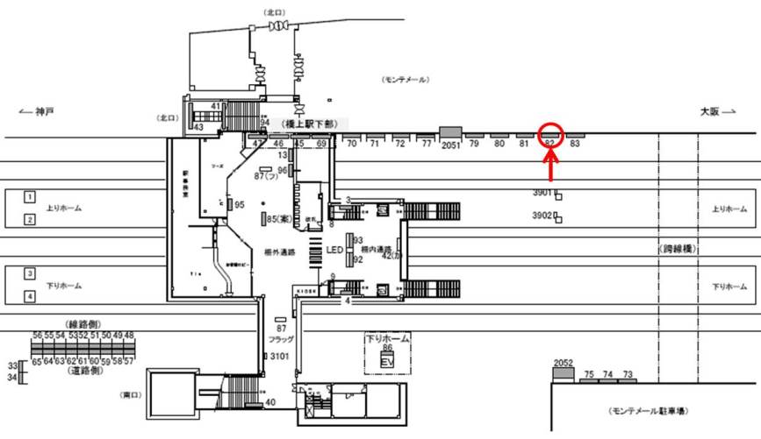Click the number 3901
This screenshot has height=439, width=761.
click(x=542, y=193)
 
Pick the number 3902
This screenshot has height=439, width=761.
click(x=542, y=215)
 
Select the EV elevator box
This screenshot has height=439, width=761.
click(x=386, y=360)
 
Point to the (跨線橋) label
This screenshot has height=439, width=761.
click(x=678, y=250)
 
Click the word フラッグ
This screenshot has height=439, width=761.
click(x=282, y=338)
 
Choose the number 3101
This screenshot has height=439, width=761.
click(x=280, y=356)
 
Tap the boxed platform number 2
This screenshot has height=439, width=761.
click(x=29, y=219)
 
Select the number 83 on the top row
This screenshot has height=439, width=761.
click(x=576, y=143)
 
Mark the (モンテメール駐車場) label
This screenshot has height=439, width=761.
click(x=649, y=410)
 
